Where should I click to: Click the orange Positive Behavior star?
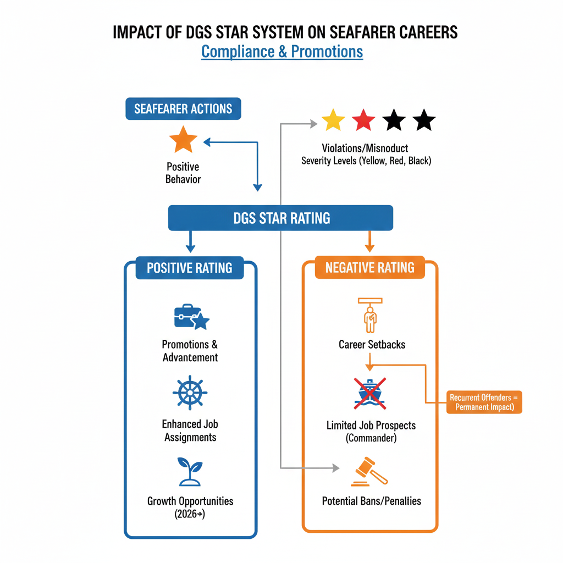click(x=183, y=140)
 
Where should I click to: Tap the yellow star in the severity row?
click(x=333, y=120)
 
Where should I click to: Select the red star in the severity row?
click(x=363, y=120)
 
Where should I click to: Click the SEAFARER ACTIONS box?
click(x=184, y=108)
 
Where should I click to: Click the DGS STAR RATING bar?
click(x=281, y=218)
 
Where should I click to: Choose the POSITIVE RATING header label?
click(x=190, y=268)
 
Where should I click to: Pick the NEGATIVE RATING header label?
click(x=369, y=268)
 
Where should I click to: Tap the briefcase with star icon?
click(x=190, y=317)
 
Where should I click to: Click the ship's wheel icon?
click(x=190, y=393)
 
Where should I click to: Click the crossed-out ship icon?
click(x=369, y=393)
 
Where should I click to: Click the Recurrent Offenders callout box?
click(x=484, y=402)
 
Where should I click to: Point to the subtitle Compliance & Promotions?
click(x=282, y=52)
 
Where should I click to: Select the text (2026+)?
click(x=190, y=514)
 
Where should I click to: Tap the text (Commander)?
click(x=371, y=438)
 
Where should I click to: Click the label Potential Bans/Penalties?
click(x=371, y=501)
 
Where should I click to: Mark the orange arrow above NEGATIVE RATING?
click(x=369, y=241)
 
